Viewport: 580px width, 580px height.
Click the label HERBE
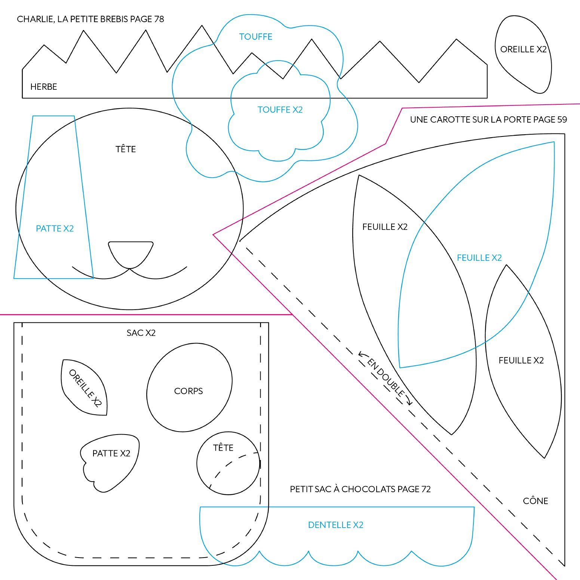click(x=44, y=87)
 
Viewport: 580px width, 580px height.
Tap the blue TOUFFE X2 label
click(x=280, y=110)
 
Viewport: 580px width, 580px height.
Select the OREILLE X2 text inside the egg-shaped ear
click(x=524, y=49)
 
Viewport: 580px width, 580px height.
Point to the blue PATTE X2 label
click(x=55, y=228)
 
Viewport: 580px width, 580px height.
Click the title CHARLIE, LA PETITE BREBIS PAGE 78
click(x=90, y=19)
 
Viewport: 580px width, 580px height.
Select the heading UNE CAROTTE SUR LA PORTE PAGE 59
click(x=488, y=120)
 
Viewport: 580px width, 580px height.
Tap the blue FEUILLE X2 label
click(x=479, y=258)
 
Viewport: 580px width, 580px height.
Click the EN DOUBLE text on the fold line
click(x=386, y=377)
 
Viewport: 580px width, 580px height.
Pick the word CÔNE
click(x=535, y=501)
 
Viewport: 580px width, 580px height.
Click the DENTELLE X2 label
click(x=336, y=525)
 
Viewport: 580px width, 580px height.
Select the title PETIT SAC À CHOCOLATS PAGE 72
click(x=360, y=489)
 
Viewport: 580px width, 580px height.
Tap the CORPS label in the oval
click(x=188, y=391)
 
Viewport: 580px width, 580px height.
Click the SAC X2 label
click(x=141, y=333)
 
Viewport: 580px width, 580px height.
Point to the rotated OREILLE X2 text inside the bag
click(x=86, y=388)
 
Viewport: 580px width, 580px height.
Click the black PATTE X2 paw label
click(x=111, y=453)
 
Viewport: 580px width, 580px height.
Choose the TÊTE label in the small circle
click(x=223, y=447)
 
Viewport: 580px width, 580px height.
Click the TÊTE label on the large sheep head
click(x=126, y=149)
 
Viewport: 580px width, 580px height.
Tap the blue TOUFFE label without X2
click(x=256, y=37)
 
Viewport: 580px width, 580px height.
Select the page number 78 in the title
click(x=159, y=19)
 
